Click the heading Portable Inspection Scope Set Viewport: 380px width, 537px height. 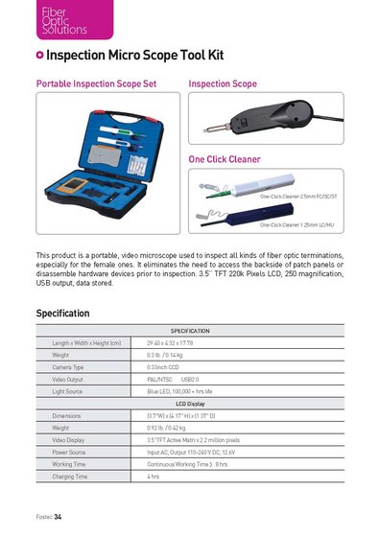click(95, 84)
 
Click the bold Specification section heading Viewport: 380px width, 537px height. click(62, 313)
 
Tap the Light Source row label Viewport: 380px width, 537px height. click(68, 391)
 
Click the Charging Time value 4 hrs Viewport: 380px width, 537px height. click(154, 477)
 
